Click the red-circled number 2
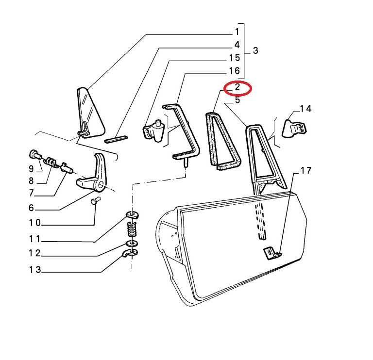pyautogui.click(x=237, y=87)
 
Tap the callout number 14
pyautogui.click(x=305, y=109)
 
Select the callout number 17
pyautogui.click(x=305, y=170)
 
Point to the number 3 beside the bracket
pyautogui.click(x=255, y=50)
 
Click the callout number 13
pyautogui.click(x=35, y=269)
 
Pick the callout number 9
pyautogui.click(x=31, y=169)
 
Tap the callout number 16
pyautogui.click(x=234, y=70)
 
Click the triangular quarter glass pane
pyautogui.click(x=90, y=113)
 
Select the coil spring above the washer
pyautogui.click(x=132, y=229)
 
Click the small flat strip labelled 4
pyautogui.click(x=116, y=139)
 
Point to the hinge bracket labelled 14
pyautogui.click(x=294, y=129)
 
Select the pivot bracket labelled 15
pyautogui.click(x=153, y=131)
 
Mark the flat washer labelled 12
pyautogui.click(x=131, y=244)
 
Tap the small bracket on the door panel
pyautogui.click(x=272, y=253)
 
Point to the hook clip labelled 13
pyautogui.click(x=130, y=253)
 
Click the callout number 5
pyautogui.click(x=237, y=100)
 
